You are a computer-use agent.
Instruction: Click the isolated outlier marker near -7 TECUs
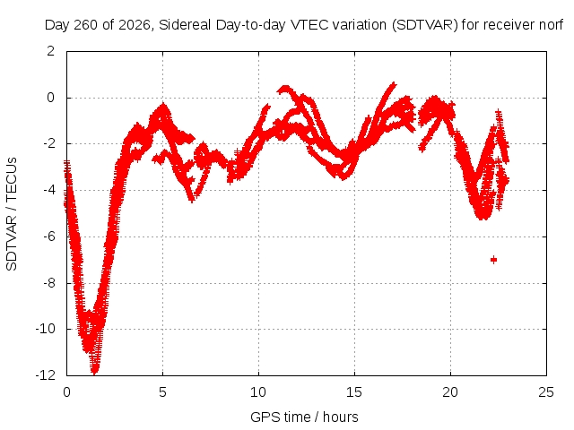tap(493, 260)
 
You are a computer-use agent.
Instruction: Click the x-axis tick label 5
tap(162, 392)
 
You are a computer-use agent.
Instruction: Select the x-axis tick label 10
tap(258, 392)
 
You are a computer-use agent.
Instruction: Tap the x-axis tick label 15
tap(354, 392)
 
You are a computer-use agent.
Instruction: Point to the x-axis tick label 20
tap(450, 392)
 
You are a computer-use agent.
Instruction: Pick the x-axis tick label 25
tap(546, 392)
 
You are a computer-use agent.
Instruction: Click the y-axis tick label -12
tap(46, 375)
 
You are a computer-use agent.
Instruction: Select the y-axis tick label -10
tap(46, 329)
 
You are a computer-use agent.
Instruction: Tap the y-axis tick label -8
tap(48, 283)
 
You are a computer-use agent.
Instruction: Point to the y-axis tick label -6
tap(48, 236)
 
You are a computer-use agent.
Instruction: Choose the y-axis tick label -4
tap(48, 190)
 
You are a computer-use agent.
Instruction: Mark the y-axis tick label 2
tap(51, 51)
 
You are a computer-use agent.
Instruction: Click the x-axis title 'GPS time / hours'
tap(304, 417)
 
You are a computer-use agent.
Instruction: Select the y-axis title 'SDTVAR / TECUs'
tap(12, 214)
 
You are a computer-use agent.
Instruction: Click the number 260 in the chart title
tap(86, 25)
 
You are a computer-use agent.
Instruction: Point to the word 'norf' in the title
tap(552, 25)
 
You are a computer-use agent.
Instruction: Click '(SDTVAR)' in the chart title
tap(424, 25)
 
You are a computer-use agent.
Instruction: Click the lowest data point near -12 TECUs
tap(95, 371)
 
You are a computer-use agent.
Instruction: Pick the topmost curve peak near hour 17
tap(393, 85)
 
